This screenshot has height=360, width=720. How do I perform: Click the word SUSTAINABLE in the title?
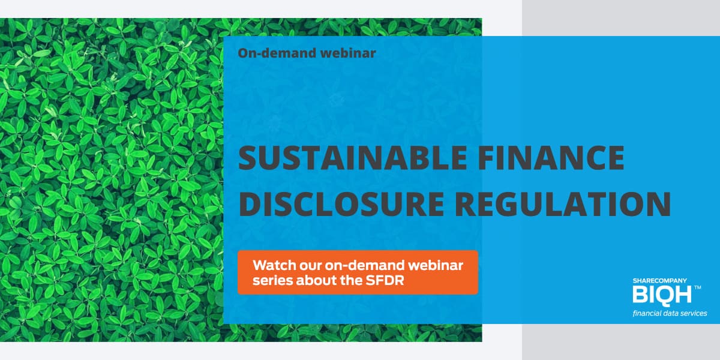353,157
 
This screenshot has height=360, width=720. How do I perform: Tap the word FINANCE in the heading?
551,157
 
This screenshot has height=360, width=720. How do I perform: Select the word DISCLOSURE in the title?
341,204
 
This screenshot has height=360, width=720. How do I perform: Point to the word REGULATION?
563,204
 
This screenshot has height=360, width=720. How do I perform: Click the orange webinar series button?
358,272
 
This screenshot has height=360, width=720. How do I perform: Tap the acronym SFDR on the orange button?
385,280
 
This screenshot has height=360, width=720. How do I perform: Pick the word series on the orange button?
272,281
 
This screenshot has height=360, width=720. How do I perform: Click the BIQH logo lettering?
662,294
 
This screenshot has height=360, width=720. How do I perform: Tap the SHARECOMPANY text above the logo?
659,281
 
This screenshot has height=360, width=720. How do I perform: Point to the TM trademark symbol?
697,287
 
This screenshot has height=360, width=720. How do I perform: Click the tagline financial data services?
670,313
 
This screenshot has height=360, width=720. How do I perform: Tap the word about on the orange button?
317,280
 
